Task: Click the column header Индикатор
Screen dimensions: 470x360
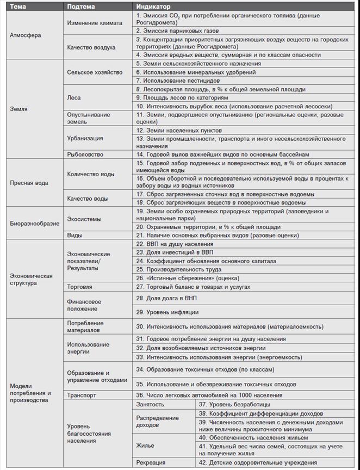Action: pos(153,7)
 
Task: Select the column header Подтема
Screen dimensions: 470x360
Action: pos(82,7)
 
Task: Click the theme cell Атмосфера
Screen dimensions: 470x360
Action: pos(26,35)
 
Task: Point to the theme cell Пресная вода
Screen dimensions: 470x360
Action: pos(29,183)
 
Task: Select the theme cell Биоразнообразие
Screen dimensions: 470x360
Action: pos(33,223)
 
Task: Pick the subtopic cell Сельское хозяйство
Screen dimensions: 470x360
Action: pos(95,72)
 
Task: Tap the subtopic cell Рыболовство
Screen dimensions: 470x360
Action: pos(85,154)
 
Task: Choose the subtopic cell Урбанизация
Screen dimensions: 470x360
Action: pos(85,138)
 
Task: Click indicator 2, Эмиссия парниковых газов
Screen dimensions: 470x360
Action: pos(179,31)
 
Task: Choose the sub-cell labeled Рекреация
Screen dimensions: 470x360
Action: pos(151,462)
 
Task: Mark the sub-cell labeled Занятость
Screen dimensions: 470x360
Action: pos(150,405)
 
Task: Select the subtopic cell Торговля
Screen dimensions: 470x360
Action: pos(79,286)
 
